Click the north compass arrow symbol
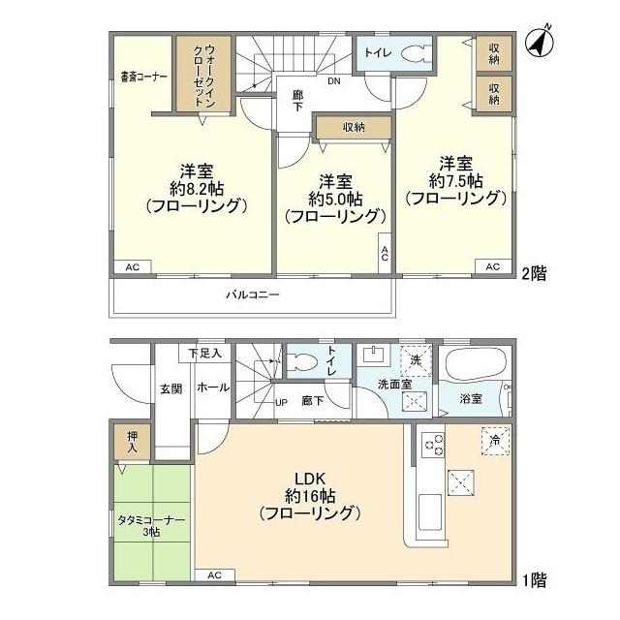pos(539,42)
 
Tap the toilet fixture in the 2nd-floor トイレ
pos(415,54)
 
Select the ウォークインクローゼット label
pos(204,76)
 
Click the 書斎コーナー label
pos(144,77)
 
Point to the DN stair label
pos(333,81)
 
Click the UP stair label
pos(281,403)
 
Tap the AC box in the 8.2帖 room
pos(133,267)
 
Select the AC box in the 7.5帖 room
pos(493,267)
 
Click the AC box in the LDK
pos(215,574)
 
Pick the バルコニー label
pos(253,294)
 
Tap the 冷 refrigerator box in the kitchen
pos(495,441)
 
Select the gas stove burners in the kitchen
pos(434,446)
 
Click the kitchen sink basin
pos(430,512)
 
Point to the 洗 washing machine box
pos(416,360)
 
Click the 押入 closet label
pos(132,442)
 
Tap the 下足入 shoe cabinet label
pos(204,353)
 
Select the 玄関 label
pos(171,389)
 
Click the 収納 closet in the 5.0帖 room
pos(354,127)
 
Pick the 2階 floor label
pos(534,273)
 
